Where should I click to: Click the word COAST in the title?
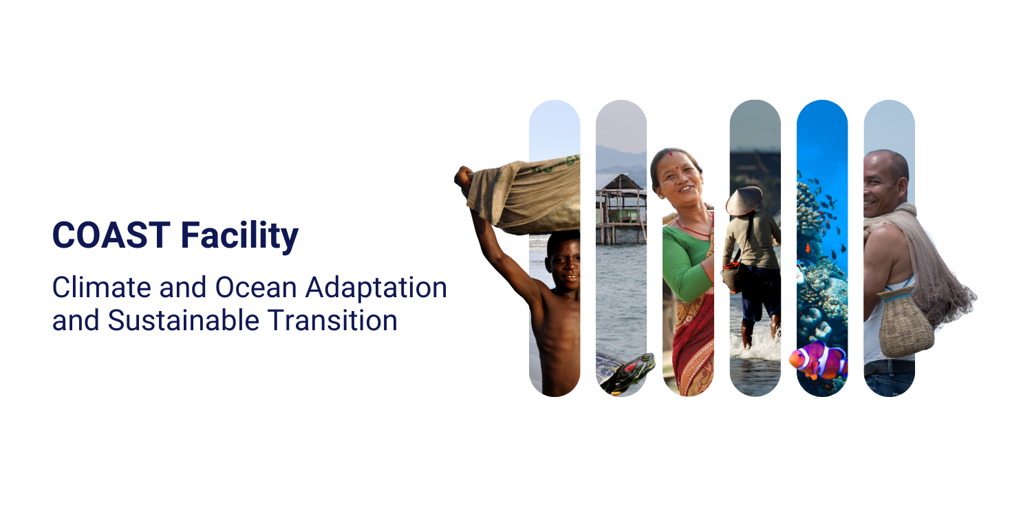(111, 235)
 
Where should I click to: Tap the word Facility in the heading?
(239, 237)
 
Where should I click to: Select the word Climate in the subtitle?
(102, 288)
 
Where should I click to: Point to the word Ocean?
(256, 288)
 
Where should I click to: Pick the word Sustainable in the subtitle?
(184, 320)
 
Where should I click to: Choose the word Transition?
(332, 320)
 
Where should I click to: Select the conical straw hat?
(744, 201)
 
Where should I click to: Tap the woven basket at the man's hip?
(905, 322)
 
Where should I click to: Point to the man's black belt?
(889, 368)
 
